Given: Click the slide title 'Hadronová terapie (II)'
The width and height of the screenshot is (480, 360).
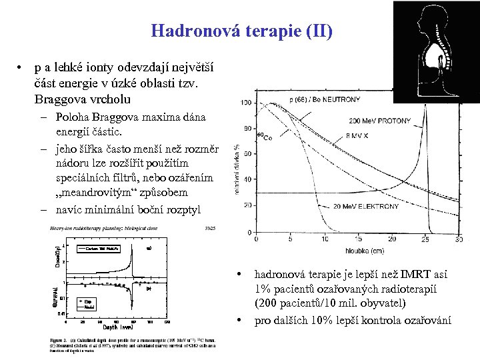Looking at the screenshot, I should pos(241,31).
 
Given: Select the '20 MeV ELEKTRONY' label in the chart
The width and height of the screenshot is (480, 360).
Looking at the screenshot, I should pos(365,206).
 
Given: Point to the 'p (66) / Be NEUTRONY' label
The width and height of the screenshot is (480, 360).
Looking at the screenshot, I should pos(325,100).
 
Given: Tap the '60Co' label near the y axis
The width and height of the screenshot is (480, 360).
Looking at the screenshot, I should pos(265,137).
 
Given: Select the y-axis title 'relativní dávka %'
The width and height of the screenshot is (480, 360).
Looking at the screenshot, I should pos(237,170).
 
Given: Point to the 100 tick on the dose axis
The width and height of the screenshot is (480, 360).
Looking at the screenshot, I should pos(246,103).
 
